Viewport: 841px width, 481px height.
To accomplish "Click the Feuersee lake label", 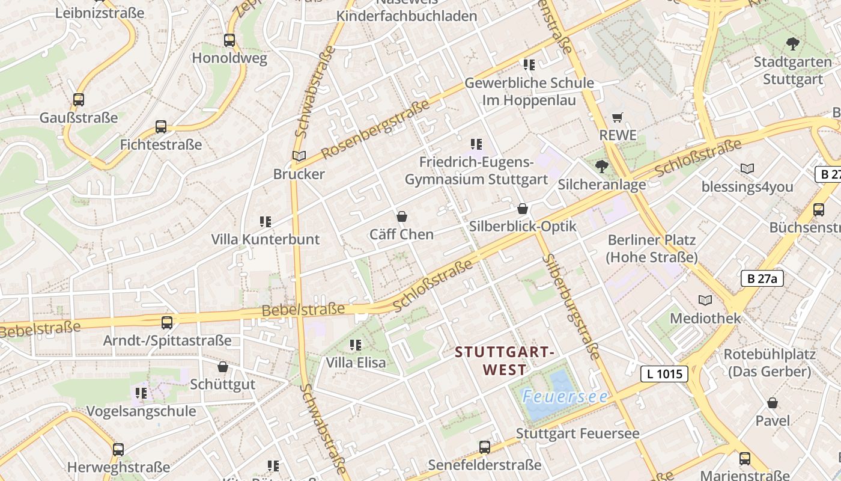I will coord(565,397).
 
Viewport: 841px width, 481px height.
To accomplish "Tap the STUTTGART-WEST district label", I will coord(504,360).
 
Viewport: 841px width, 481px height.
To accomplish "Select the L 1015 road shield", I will coord(664,374).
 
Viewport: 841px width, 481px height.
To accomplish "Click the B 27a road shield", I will coord(762,278).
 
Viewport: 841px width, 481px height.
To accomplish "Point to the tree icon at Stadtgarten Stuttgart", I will coord(793,43).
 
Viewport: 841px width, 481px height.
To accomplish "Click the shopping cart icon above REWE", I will coord(618,117).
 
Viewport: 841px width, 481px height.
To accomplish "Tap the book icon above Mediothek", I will coord(705,300).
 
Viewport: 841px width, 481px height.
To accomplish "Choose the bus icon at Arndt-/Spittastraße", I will coord(167,322).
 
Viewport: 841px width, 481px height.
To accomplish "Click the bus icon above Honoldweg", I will coord(229,40).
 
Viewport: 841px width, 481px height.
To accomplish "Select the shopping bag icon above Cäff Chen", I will coord(402,216).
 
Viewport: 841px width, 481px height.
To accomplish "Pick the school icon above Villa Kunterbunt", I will coord(266,222).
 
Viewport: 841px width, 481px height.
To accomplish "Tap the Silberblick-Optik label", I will coord(522,226).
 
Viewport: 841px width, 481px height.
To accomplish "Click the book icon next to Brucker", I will coord(299,156).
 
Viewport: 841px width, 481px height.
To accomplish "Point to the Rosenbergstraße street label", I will coord(375,129).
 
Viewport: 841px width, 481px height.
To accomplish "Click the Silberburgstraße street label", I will coord(571,307).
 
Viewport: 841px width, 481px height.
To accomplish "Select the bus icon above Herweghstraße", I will coord(118,449).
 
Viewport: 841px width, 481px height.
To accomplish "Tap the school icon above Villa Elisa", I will coord(356,345).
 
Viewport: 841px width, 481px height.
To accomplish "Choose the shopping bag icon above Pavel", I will coord(773,403).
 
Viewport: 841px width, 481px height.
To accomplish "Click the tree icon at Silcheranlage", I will coord(601,167).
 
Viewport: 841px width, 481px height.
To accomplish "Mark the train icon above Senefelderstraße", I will coord(485,447).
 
